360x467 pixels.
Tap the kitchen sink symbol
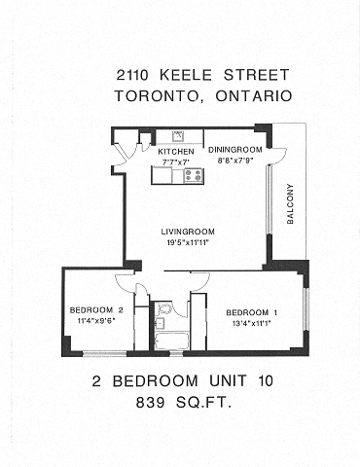point(179,136)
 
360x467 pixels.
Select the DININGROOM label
point(234,150)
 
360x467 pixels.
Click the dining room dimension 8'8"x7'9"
point(234,160)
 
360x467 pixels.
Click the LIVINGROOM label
point(186,232)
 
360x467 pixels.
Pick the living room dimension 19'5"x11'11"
point(186,241)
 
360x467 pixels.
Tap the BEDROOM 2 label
point(93,310)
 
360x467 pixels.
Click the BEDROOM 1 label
point(252,312)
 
